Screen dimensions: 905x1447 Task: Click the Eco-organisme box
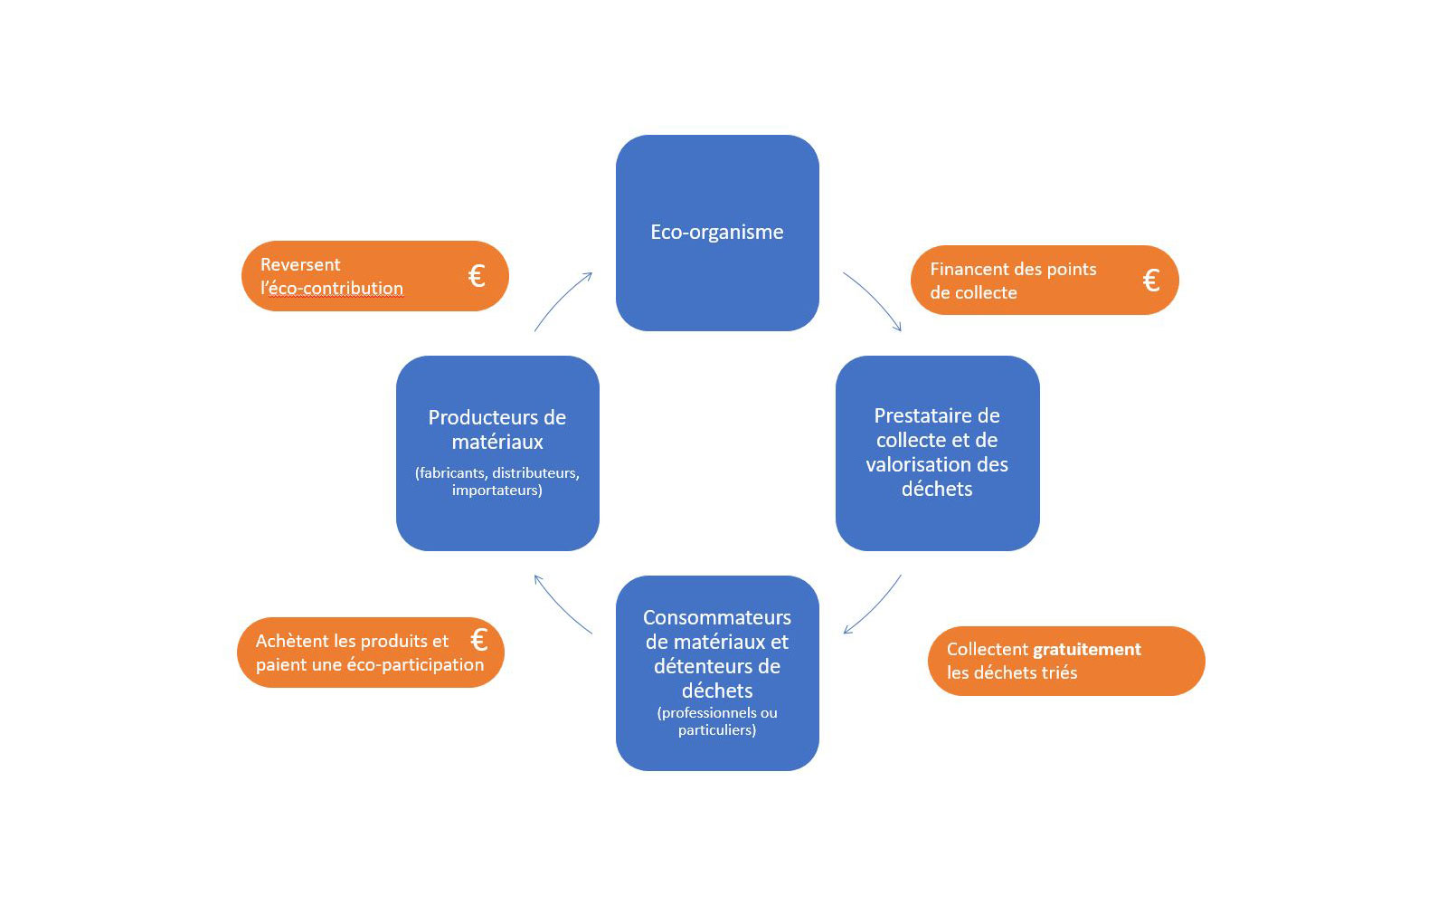tap(717, 233)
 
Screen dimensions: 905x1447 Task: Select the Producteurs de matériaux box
tap(497, 452)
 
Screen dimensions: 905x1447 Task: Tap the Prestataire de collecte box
tap(937, 452)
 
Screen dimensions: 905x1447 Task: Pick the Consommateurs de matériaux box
tap(717, 672)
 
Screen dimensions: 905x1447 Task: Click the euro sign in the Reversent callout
tap(477, 276)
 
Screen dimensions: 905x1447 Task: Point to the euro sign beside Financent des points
tap(1150, 281)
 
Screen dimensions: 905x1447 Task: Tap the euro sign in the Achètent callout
tap(479, 640)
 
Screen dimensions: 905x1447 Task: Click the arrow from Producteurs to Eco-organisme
tap(563, 301)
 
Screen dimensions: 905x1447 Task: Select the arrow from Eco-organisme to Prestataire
tap(873, 300)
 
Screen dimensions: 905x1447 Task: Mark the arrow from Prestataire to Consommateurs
tap(874, 605)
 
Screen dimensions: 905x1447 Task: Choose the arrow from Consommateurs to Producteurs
tap(562, 604)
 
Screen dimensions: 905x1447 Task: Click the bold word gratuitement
tap(1087, 649)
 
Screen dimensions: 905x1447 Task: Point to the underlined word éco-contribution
tap(336, 289)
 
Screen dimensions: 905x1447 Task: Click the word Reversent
tap(300, 264)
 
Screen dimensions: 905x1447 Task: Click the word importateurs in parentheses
tap(496, 490)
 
